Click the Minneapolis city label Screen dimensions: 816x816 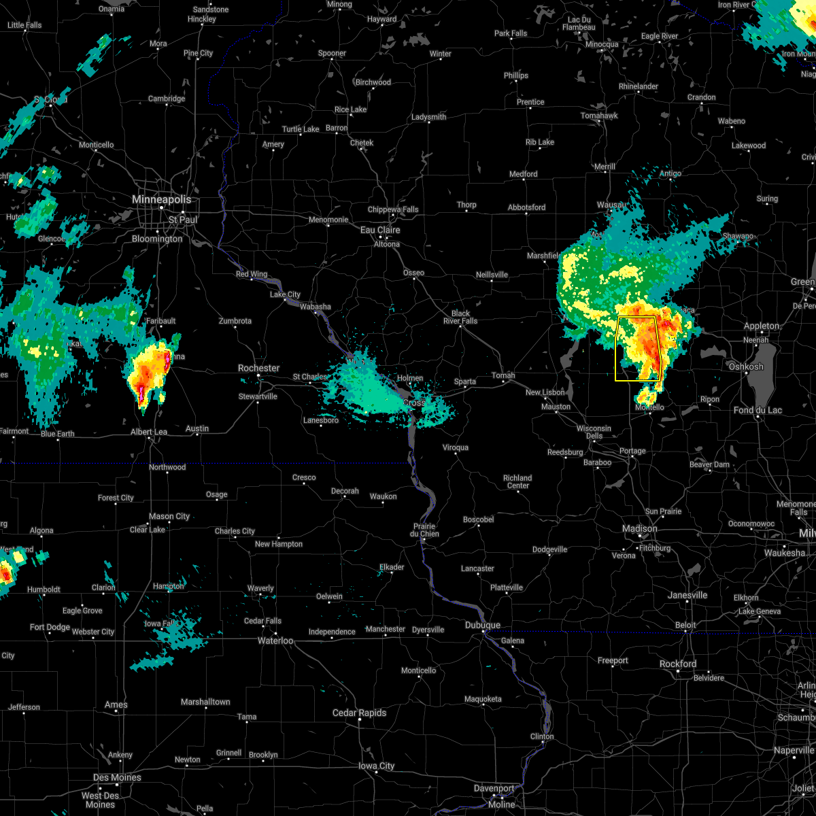[161, 200]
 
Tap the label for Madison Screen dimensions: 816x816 [640, 529]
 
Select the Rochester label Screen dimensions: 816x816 [258, 368]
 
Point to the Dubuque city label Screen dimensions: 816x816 [483, 626]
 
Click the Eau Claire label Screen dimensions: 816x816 [380, 231]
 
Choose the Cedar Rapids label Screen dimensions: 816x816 [359, 713]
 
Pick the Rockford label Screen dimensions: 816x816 [678, 664]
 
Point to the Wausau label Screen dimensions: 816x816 [611, 205]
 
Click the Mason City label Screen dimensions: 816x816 [169, 517]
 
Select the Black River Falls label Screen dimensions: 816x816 [460, 318]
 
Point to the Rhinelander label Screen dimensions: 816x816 [639, 86]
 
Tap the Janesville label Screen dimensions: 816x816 [687, 595]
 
